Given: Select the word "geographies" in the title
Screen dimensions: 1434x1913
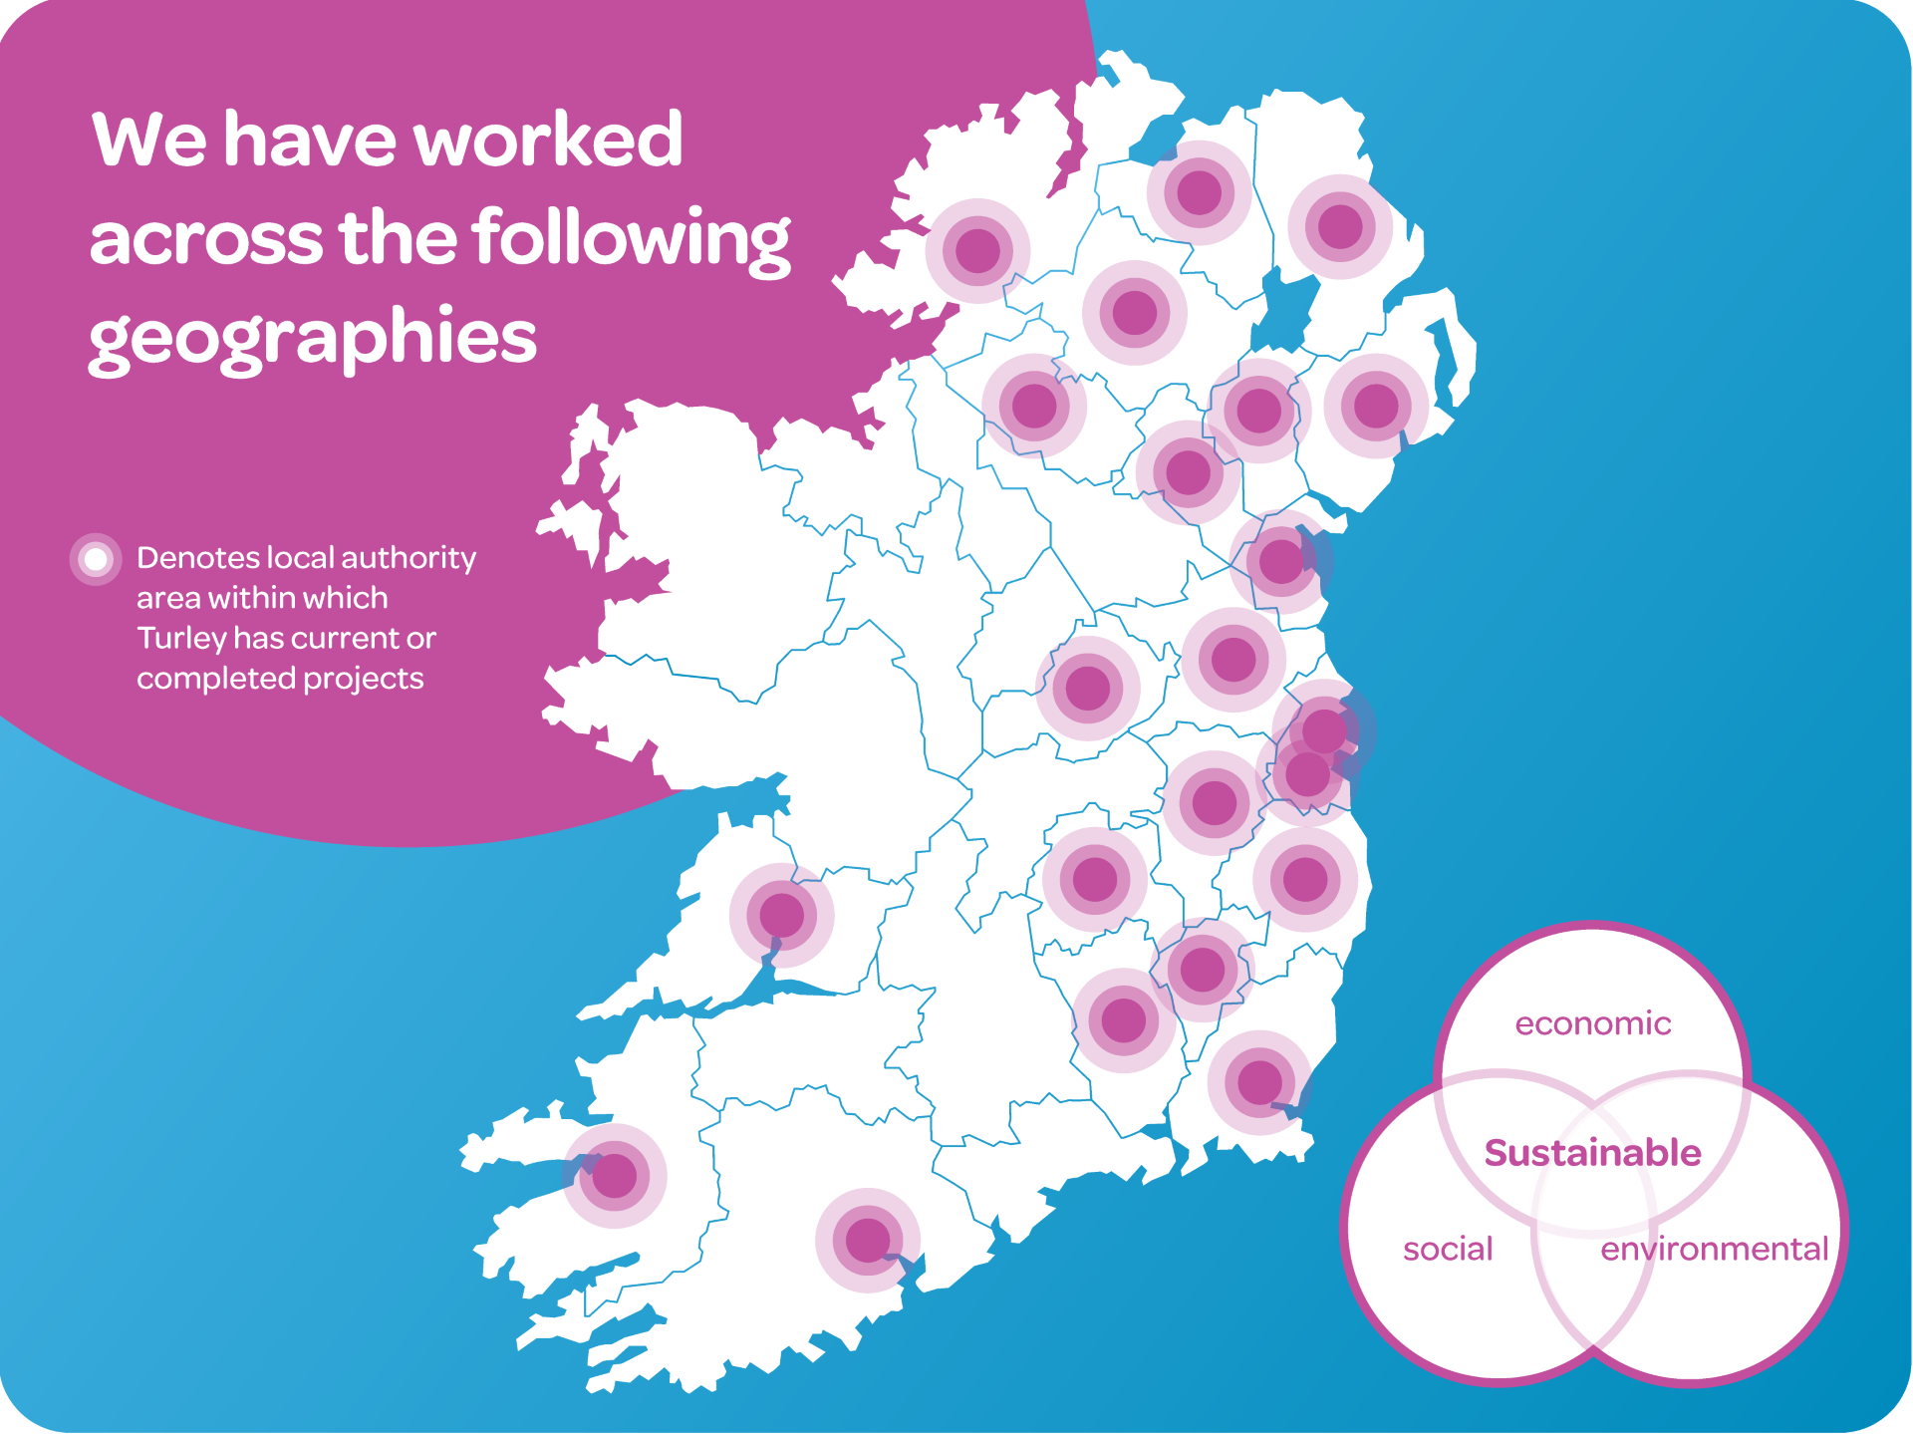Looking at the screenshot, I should pos(313,339).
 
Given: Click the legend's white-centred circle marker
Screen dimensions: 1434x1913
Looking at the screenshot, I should pos(96,559).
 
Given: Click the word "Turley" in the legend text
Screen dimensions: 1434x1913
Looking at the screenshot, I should pos(180,638).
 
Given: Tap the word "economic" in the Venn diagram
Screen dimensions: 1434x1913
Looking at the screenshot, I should pos(1592,1023).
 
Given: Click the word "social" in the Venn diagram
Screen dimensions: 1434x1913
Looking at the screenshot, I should pos(1448,1249).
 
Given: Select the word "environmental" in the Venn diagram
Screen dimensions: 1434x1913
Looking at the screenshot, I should pos(1714,1249).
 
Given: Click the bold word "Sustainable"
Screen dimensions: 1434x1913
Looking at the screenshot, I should pos(1592,1153).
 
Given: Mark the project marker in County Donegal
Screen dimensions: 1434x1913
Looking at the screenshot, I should pos(977,250).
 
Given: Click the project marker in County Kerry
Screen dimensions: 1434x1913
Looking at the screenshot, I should pos(615,1176).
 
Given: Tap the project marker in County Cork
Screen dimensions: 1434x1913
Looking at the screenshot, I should pos(867,1240).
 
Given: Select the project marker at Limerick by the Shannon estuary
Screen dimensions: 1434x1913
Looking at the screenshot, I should pos(781,915).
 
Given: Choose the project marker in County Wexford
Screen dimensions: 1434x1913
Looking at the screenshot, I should pos(1259,1082).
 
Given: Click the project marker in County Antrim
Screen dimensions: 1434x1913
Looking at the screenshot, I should pos(1340,226).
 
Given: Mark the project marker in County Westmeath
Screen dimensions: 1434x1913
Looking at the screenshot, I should pos(1087,688).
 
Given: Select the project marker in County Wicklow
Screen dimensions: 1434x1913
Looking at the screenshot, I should pos(1304,879).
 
